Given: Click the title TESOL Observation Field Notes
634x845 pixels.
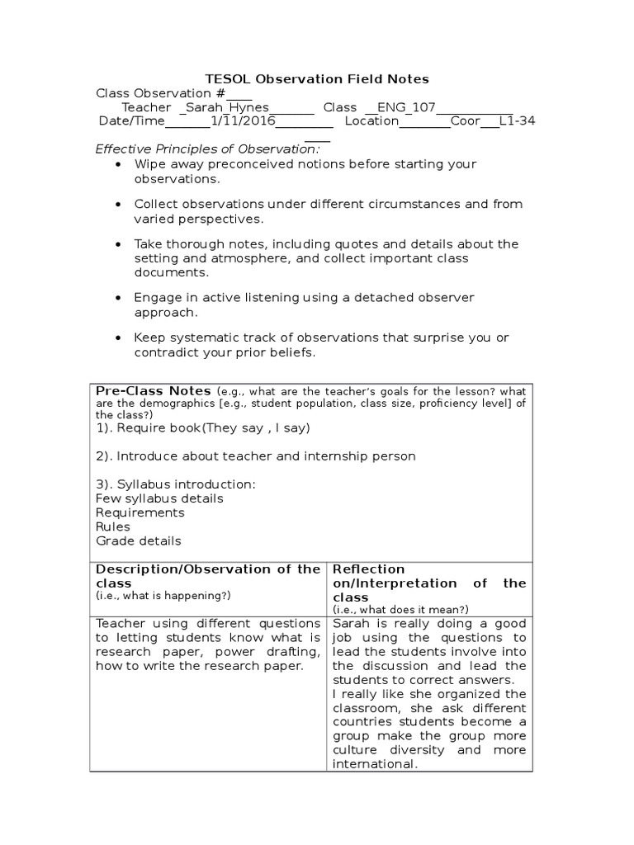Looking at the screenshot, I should pos(317,79).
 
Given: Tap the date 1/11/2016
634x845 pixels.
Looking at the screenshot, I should pos(242,122).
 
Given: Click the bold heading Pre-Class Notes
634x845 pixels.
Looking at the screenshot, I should pos(154,390).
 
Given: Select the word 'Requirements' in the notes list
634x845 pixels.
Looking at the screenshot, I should pos(140,512).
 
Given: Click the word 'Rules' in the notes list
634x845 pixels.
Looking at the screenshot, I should pos(113,526).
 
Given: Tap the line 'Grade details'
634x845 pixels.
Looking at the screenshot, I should pos(139,541).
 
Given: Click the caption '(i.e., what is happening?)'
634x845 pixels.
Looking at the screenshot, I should pos(163,595).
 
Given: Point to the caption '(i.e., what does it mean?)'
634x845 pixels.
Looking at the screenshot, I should pos(400,609).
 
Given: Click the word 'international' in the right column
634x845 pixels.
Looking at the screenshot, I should pos(371,764).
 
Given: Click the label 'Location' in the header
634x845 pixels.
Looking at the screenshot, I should pos(371,122).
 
